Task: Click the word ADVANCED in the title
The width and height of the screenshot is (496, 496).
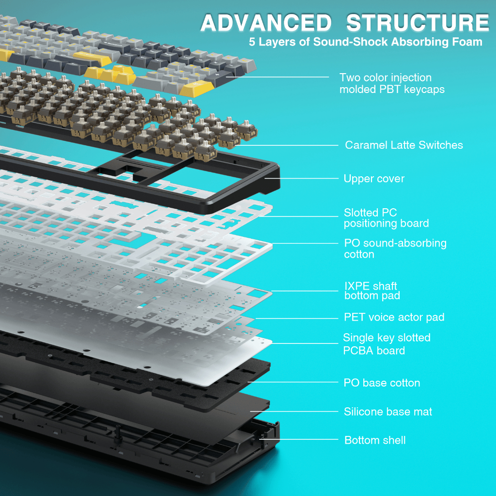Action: click(266, 23)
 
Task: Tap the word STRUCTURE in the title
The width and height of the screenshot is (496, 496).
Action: click(418, 23)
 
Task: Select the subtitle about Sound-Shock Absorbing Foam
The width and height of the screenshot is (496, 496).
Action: click(365, 42)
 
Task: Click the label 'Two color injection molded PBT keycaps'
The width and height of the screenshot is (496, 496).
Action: click(392, 83)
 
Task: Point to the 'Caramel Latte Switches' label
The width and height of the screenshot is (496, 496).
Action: click(404, 145)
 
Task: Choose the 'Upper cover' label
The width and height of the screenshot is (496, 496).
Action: click(374, 179)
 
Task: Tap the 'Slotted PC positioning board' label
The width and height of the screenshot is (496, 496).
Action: click(386, 218)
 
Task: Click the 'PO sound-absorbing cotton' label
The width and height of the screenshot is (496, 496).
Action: click(395, 248)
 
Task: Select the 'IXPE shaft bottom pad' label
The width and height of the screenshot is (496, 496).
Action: click(372, 291)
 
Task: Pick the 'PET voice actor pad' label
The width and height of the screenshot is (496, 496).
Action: click(394, 317)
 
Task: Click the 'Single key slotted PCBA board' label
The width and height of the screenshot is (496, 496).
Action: click(387, 344)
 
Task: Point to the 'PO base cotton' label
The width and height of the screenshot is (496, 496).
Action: click(382, 383)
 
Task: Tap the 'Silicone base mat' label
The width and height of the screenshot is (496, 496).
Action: click(388, 412)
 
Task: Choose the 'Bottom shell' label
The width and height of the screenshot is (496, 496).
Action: click(375, 440)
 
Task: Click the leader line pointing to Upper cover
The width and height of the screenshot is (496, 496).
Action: click(301, 178)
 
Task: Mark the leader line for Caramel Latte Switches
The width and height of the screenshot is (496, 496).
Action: click(286, 145)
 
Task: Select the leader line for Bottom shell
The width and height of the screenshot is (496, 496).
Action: click(299, 439)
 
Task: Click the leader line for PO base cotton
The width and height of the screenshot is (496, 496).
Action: click(293, 382)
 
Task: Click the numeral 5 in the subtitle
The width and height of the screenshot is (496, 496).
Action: click(252, 42)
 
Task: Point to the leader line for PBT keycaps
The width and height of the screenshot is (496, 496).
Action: click(278, 77)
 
